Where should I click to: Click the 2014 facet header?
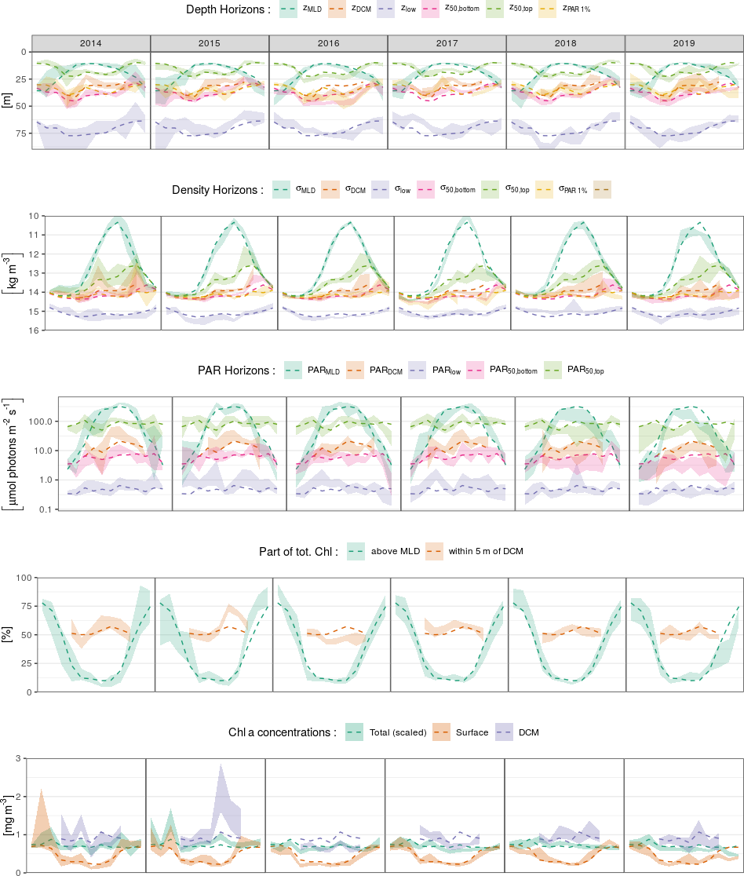(x=90, y=43)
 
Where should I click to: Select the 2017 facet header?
(x=447, y=43)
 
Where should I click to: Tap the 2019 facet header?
(x=684, y=43)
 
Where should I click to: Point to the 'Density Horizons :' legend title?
(x=217, y=190)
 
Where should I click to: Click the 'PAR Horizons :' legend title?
(x=236, y=370)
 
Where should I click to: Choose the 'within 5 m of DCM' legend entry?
(x=485, y=551)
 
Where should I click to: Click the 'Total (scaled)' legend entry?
(x=398, y=732)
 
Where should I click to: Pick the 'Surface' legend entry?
(x=472, y=732)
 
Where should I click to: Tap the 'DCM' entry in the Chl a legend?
(x=527, y=732)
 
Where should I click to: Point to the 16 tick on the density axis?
(x=32, y=330)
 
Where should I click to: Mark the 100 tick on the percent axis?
(x=23, y=578)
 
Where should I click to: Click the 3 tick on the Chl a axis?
(x=16, y=758)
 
